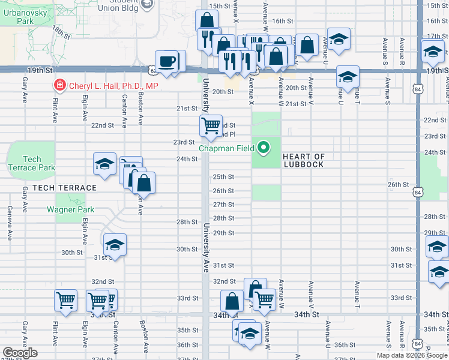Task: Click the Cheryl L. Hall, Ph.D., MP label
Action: tap(113, 86)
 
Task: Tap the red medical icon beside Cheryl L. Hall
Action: tap(59, 86)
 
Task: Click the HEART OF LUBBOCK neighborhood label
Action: tap(303, 161)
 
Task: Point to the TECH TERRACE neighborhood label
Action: tap(65, 188)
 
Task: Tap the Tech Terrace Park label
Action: tap(31, 163)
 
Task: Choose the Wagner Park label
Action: tap(71, 210)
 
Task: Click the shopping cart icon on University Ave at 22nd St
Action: tap(211, 125)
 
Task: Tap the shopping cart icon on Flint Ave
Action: tap(65, 299)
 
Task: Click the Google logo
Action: tap(20, 353)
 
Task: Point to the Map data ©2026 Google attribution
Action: tap(411, 355)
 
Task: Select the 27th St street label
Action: tap(224, 205)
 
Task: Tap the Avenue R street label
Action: tap(401, 51)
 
